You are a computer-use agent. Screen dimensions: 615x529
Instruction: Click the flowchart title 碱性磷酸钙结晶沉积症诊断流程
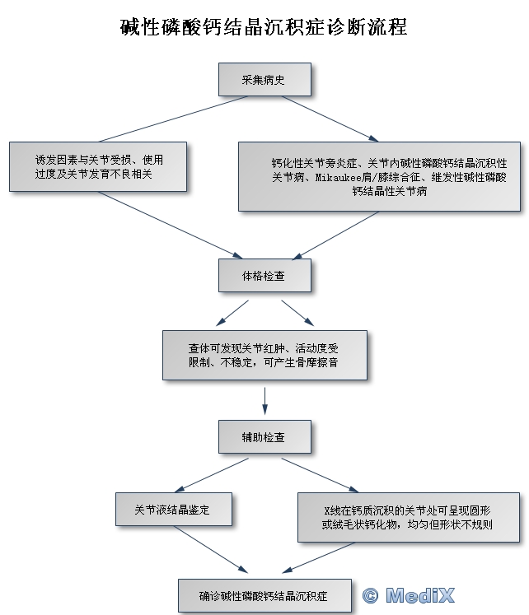click(x=264, y=26)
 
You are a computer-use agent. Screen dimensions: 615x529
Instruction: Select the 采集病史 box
click(x=264, y=80)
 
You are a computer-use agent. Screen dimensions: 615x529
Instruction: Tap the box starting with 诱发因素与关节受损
click(x=98, y=166)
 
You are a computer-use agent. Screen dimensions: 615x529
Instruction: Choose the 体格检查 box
click(x=264, y=276)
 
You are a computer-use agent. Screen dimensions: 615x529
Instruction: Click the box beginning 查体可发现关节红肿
click(x=264, y=355)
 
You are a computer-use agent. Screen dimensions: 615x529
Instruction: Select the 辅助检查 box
click(x=264, y=436)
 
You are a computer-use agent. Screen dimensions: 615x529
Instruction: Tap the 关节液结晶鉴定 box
click(x=172, y=510)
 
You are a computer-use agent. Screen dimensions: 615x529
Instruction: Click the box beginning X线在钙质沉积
click(x=408, y=516)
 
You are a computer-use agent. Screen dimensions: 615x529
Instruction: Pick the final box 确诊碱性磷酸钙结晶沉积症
click(x=264, y=595)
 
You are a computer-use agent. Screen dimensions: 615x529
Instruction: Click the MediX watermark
click(x=419, y=595)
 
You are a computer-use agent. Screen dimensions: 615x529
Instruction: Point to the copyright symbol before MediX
click(x=370, y=595)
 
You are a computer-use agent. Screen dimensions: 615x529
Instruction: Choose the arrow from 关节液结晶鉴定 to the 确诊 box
click(x=210, y=552)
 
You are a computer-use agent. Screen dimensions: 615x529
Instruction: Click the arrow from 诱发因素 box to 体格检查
click(x=165, y=226)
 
